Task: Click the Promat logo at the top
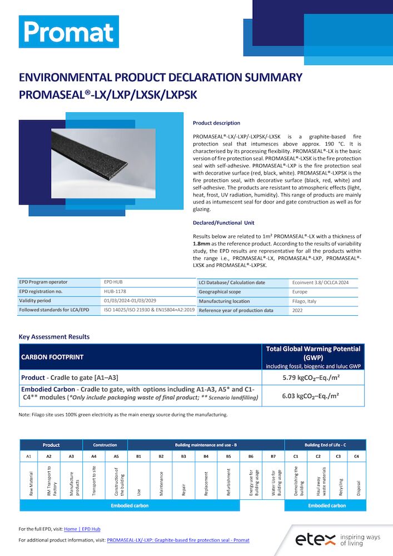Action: (68, 32)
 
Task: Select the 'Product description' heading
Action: (216, 123)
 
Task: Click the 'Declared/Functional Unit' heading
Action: (223, 222)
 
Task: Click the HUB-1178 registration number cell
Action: (114, 291)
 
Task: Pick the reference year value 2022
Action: (298, 310)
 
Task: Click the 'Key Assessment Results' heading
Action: (54, 336)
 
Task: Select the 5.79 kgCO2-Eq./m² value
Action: (314, 378)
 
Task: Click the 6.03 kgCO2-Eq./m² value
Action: (314, 396)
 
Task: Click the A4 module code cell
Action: (94, 456)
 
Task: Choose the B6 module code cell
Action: (251, 456)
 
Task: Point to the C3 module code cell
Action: (339, 456)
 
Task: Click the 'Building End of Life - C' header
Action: (325, 445)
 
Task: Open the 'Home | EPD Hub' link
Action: (82, 529)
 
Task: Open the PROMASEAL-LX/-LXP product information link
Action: (178, 540)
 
